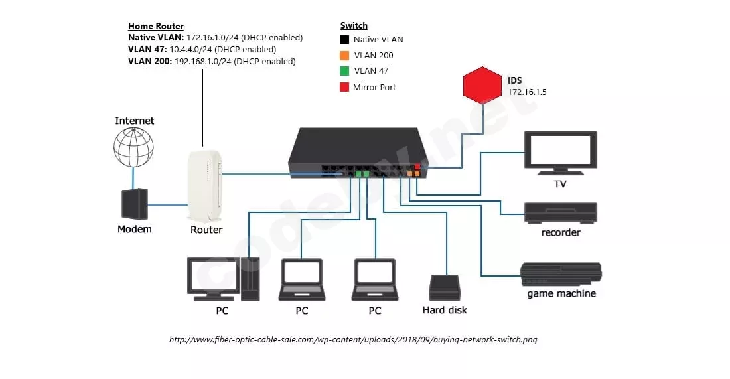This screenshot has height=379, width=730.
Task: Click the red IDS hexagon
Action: [x=482, y=85]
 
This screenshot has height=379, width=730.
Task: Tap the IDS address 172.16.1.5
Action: [x=527, y=92]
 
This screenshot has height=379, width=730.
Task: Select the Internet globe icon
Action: [x=133, y=147]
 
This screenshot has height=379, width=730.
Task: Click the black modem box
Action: [x=135, y=204]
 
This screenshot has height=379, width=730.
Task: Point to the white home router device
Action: [x=205, y=185]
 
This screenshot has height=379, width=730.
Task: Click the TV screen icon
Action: [x=561, y=153]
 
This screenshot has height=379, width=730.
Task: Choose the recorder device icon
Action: [x=561, y=213]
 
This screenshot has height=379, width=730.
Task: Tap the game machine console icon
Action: [x=561, y=274]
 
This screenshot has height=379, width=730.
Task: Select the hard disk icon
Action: [x=445, y=288]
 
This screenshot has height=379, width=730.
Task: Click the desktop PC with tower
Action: [x=223, y=279]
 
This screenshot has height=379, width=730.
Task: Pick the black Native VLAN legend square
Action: [x=344, y=40]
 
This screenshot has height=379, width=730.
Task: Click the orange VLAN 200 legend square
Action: [x=344, y=56]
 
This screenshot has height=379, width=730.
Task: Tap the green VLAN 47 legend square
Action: [x=344, y=71]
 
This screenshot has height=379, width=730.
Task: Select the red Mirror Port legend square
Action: [x=344, y=87]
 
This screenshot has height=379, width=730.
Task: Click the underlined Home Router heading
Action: [x=156, y=26]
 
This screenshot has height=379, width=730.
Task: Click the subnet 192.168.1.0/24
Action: [x=203, y=62]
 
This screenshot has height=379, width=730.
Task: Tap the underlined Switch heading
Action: [x=354, y=26]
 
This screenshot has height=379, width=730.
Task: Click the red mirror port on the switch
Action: [x=417, y=166]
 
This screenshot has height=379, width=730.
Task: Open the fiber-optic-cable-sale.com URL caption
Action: [x=353, y=339]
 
